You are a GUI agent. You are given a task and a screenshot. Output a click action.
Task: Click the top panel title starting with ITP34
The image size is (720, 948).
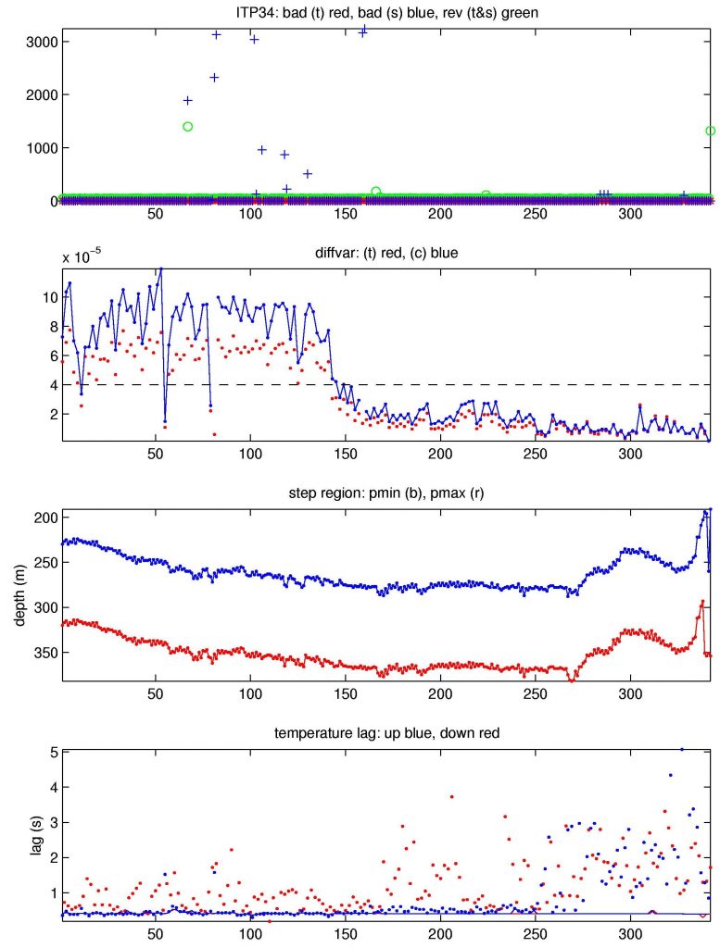(x=385, y=11)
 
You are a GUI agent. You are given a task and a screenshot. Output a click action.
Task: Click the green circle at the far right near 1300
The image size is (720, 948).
(x=710, y=131)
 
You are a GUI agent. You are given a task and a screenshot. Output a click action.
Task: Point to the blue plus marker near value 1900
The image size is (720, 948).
(x=188, y=100)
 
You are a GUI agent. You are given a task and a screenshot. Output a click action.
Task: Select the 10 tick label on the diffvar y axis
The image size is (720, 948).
(x=44, y=297)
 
